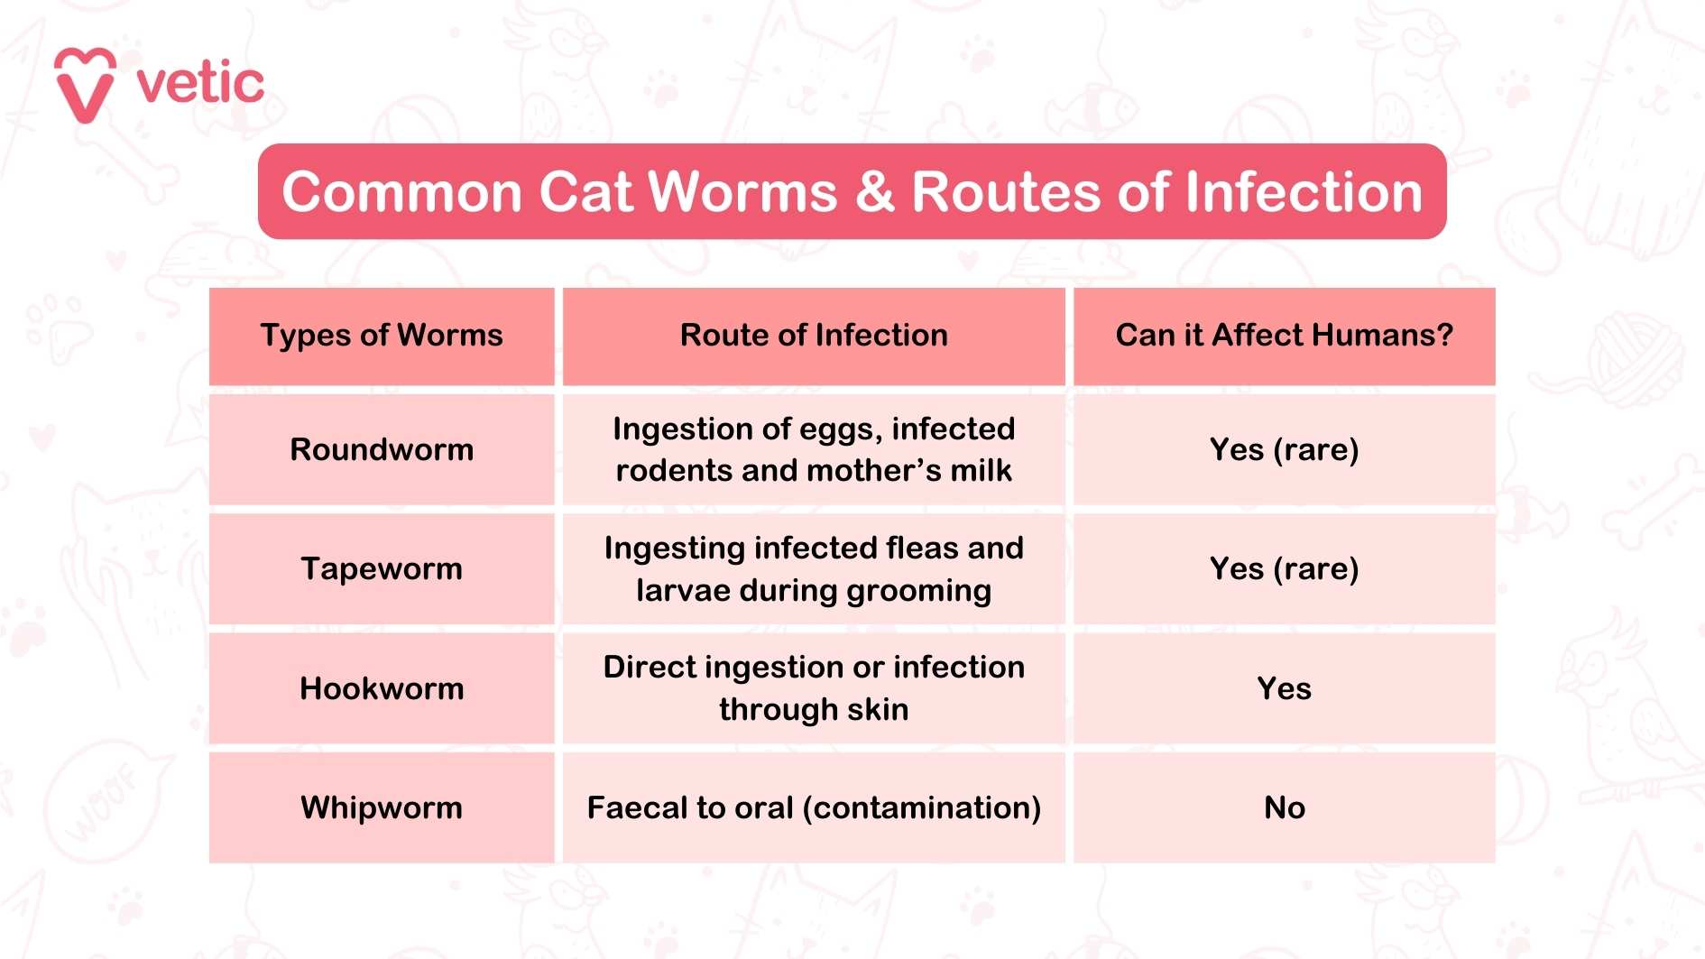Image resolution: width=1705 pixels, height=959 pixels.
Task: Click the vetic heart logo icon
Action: pos(85,84)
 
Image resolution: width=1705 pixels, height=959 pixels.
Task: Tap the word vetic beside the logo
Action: pos(200,84)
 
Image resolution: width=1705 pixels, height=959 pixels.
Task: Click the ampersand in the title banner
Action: pos(874,192)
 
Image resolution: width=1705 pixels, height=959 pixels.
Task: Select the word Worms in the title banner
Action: pos(742,192)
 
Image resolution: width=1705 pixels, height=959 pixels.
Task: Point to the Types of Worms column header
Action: pos(382,336)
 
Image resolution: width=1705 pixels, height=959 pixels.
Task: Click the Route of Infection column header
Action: pos(814,336)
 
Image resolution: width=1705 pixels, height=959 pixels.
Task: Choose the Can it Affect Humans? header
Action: pos(1284,336)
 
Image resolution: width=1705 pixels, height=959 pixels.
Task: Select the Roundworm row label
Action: pos(382,449)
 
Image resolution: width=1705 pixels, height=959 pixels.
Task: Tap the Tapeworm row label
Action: pos(382,568)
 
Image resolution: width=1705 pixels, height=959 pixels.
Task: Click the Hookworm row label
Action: pos(382,688)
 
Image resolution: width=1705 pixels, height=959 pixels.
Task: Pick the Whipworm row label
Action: pos(382,807)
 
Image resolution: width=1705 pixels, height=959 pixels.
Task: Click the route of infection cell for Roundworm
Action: pos(814,449)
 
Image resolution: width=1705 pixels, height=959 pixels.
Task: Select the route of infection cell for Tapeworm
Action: pos(814,568)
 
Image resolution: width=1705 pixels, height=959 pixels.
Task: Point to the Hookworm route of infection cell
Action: pos(814,688)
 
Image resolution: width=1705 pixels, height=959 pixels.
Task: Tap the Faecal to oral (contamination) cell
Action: pos(814,807)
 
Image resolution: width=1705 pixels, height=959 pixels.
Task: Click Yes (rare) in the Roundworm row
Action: pos(1284,449)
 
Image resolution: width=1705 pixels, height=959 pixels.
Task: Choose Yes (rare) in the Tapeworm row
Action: pos(1284,568)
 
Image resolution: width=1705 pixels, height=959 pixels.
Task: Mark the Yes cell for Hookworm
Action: pos(1284,688)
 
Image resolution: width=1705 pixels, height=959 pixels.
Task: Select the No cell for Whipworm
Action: pos(1284,807)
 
